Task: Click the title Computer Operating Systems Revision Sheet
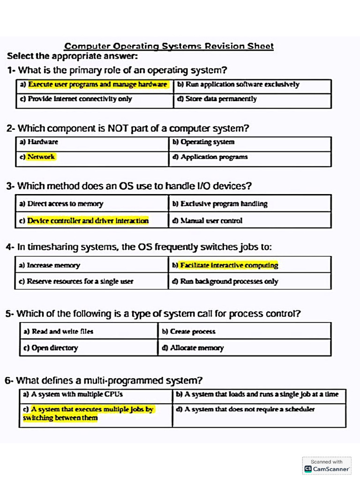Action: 169,46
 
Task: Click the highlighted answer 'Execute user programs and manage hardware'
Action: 97,85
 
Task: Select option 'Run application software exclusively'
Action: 242,85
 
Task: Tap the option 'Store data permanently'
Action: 221,99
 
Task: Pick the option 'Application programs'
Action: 214,157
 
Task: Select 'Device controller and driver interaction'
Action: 88,221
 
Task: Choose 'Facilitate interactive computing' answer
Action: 229,265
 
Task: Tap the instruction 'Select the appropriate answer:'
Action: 72,56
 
